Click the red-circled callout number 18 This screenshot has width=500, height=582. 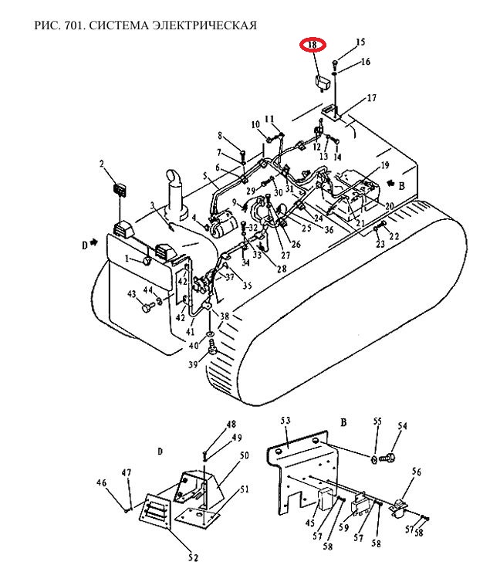[x=312, y=45]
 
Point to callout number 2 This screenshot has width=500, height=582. [x=102, y=164]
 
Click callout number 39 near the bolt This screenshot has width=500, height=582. [x=193, y=364]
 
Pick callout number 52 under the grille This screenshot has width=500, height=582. [x=193, y=557]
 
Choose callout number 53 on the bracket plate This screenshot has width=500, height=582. [x=285, y=421]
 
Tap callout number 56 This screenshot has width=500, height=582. [x=417, y=472]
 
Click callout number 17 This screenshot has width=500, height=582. [x=372, y=97]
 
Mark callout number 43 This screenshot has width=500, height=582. [x=132, y=294]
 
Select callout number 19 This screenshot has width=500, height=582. [x=384, y=165]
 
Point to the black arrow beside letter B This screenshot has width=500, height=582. [x=390, y=183]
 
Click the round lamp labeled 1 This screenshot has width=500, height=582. [x=147, y=262]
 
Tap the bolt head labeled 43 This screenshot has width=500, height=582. [x=147, y=308]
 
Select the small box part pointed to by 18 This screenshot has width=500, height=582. [x=321, y=83]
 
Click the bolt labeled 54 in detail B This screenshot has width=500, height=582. [x=387, y=458]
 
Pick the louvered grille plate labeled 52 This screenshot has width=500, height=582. [x=155, y=511]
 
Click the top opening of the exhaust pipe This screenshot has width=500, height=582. [x=173, y=175]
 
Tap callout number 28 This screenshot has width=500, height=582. [x=282, y=268]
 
